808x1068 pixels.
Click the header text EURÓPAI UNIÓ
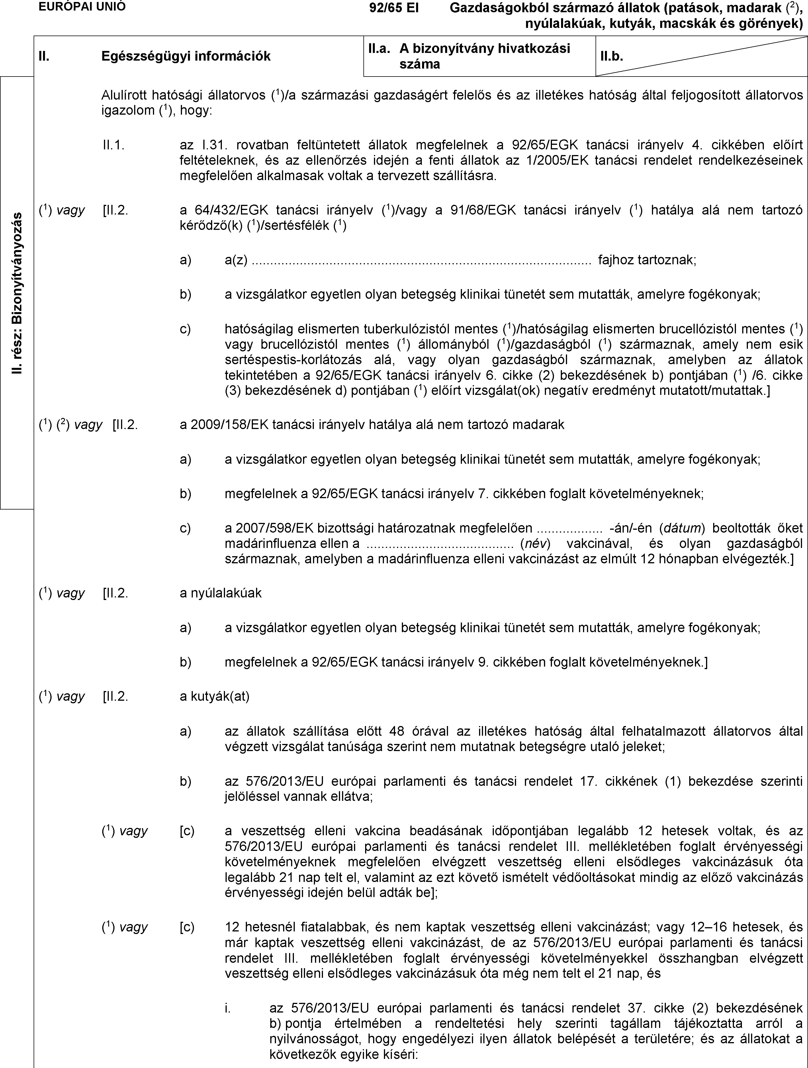82,7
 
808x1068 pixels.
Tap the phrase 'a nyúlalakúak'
220,593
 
